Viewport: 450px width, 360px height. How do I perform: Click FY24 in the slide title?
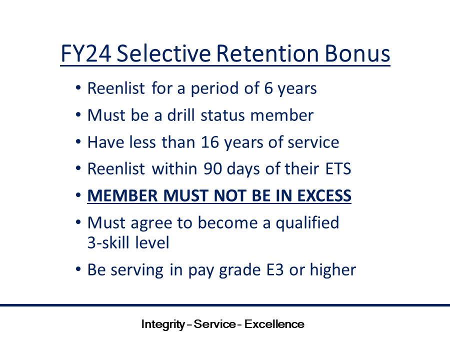coord(86,53)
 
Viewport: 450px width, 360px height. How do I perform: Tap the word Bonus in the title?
coord(357,53)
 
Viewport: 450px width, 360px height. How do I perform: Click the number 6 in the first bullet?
coord(268,88)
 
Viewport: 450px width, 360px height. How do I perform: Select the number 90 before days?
coord(212,169)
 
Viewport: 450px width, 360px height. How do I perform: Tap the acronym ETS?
coord(338,169)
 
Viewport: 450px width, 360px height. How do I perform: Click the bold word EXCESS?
coord(324,196)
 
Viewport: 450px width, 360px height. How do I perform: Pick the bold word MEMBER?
coord(122,196)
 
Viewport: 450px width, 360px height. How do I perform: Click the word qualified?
coord(307,223)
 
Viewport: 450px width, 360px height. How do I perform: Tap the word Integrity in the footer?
coord(163,324)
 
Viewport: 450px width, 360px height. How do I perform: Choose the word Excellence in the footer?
coord(274,324)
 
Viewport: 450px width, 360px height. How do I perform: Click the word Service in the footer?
coord(214,324)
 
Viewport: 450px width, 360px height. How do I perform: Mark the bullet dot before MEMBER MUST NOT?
coord(78,195)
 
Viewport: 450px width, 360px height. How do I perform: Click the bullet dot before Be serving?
coord(78,269)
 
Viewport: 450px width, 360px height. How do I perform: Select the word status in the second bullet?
coord(222,115)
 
